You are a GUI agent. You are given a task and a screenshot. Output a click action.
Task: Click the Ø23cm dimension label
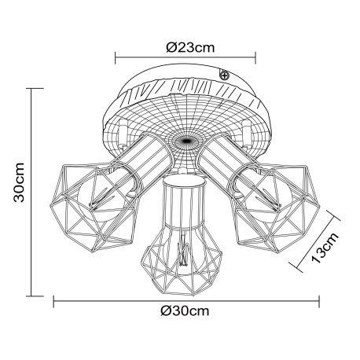point(190,47)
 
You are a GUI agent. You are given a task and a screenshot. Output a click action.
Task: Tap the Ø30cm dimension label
point(185,310)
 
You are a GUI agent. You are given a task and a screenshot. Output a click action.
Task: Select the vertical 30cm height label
point(19,182)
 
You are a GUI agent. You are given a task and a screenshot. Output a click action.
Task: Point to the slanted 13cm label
point(325,248)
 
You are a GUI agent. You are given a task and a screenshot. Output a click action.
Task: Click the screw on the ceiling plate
point(224,75)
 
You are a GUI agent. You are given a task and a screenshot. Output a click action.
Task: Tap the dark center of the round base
point(186,141)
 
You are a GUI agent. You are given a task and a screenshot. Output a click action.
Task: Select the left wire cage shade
point(95,207)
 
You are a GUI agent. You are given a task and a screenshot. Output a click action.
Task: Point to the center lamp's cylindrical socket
point(182,202)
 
